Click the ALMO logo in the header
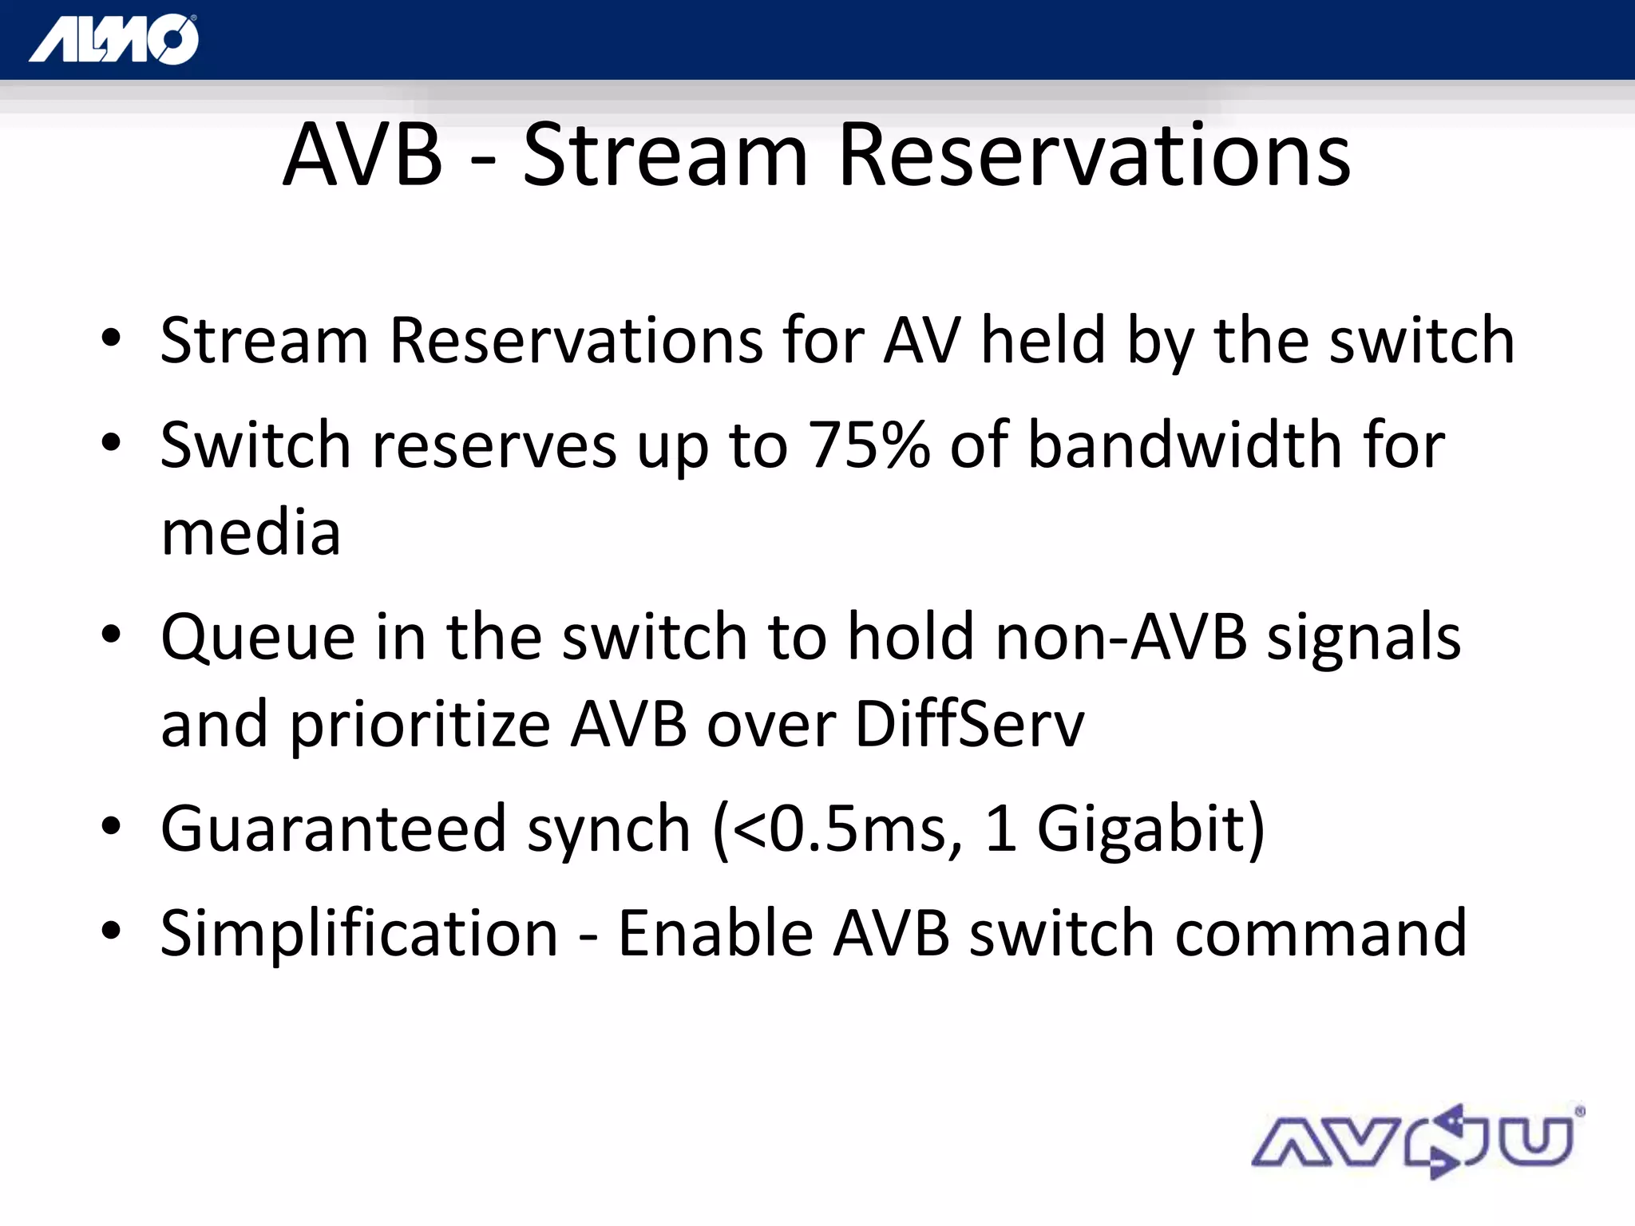pos(114,40)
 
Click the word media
pos(251,533)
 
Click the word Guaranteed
pos(334,829)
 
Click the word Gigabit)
pos(1150,829)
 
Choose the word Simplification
pos(358,933)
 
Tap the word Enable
pos(715,933)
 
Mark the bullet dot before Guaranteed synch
pos(111,826)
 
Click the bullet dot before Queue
pos(111,635)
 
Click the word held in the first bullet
pos(1043,341)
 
